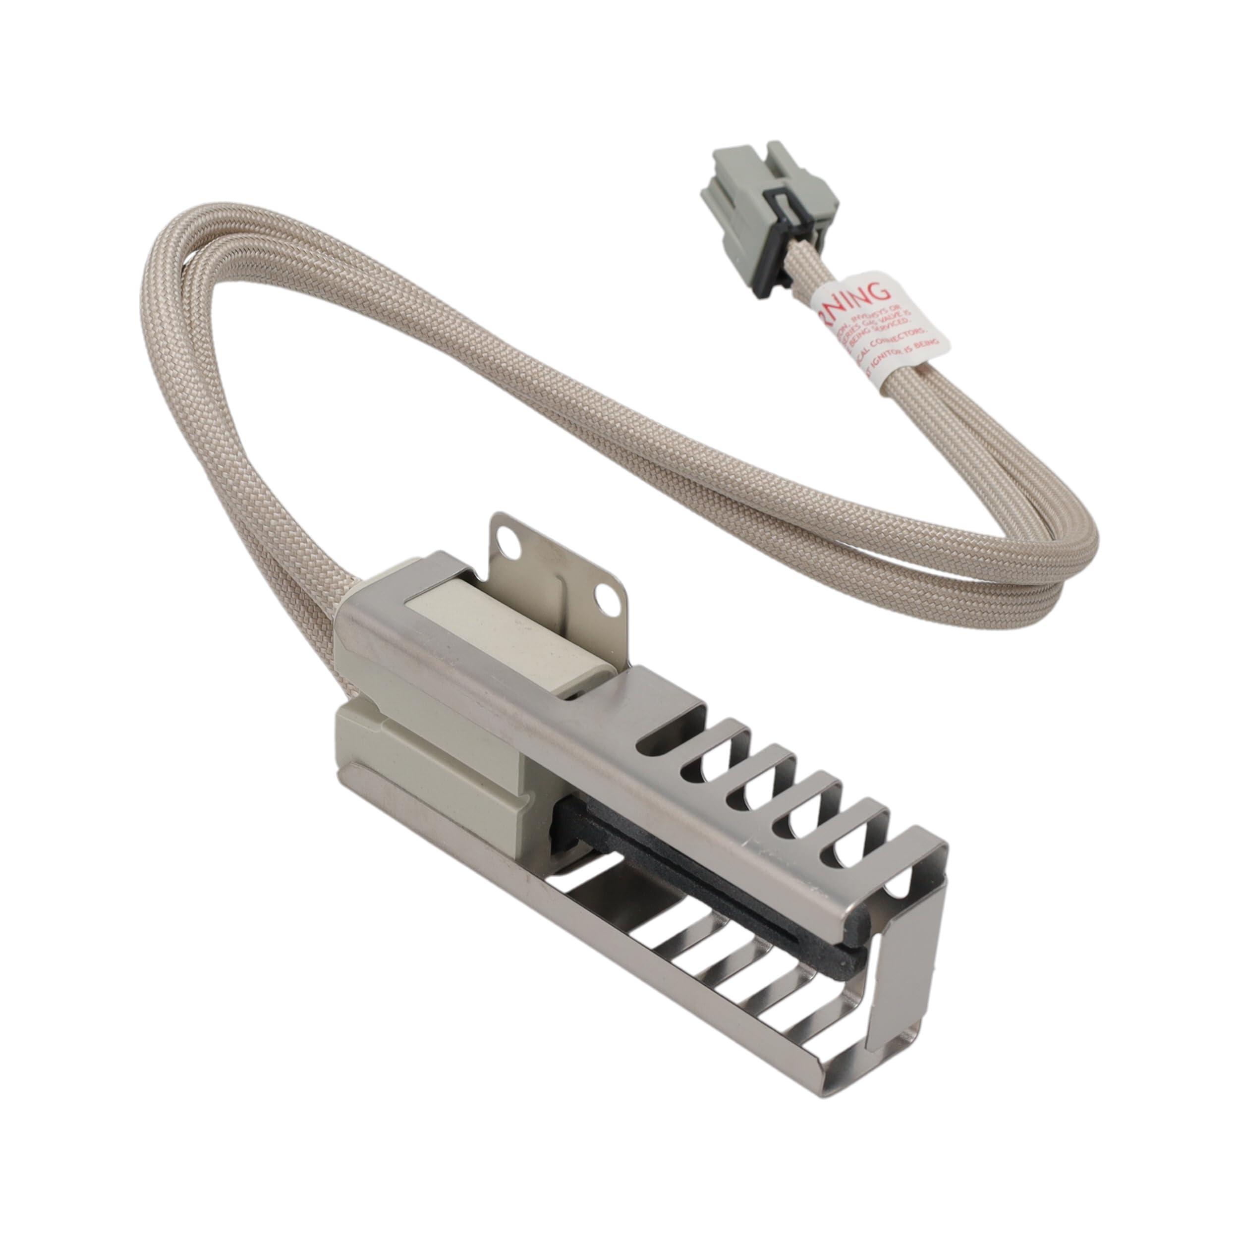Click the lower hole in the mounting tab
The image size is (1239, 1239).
point(604,600)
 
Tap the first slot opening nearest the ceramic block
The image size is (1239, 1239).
point(674,737)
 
